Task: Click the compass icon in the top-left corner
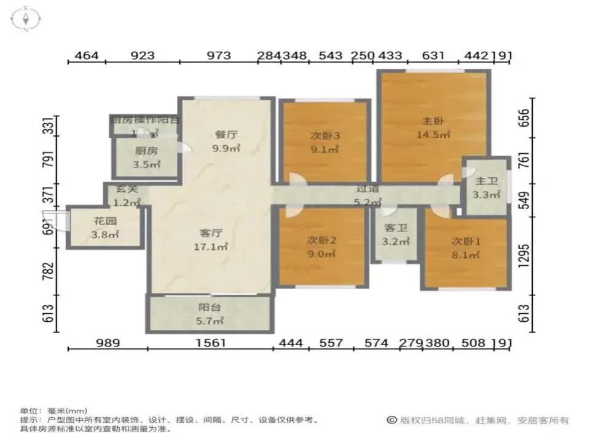pos(26,18)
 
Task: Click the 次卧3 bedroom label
pos(324,136)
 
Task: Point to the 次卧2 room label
pos(321,240)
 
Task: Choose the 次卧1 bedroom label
pos(465,240)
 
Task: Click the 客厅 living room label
pos(210,233)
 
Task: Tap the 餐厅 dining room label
pos(226,135)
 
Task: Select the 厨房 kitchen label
pos(146,151)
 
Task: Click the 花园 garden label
pos(105,221)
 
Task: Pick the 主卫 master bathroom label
pos(486,182)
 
